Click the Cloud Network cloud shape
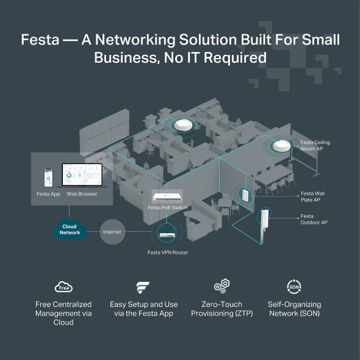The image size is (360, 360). (x=70, y=229)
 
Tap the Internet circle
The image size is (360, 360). (x=112, y=232)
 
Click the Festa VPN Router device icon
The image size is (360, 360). (x=166, y=232)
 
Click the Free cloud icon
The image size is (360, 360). (x=64, y=286)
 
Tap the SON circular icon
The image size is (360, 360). (x=294, y=286)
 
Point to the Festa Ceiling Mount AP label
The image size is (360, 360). (x=315, y=145)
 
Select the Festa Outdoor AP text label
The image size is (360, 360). (x=314, y=219)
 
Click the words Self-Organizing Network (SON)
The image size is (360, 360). (x=294, y=309)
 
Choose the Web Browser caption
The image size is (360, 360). (x=82, y=194)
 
